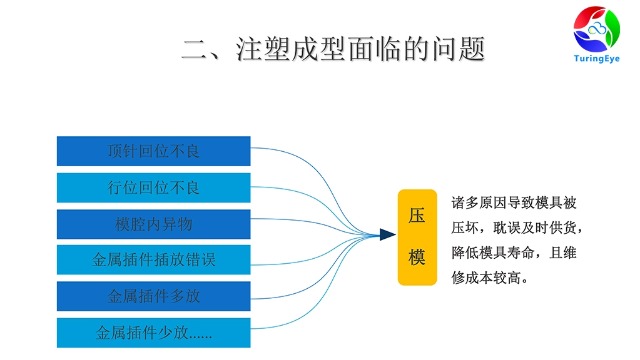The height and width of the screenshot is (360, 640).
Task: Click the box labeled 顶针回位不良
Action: [x=153, y=152]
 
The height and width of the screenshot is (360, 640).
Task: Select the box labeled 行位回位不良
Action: [x=153, y=188]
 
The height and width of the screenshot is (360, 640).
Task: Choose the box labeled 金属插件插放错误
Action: [x=153, y=260]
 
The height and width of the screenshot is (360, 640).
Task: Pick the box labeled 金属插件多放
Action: [x=153, y=296]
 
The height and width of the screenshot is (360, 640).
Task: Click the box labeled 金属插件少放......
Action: [x=153, y=332]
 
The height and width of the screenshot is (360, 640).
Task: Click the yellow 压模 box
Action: [x=417, y=237]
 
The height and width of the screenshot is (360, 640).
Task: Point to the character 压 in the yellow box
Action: [x=417, y=217]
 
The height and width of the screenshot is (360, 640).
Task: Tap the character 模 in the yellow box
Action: [x=417, y=257]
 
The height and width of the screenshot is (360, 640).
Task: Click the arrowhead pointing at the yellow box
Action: [x=389, y=236]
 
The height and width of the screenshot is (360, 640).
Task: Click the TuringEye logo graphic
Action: [x=596, y=36]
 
